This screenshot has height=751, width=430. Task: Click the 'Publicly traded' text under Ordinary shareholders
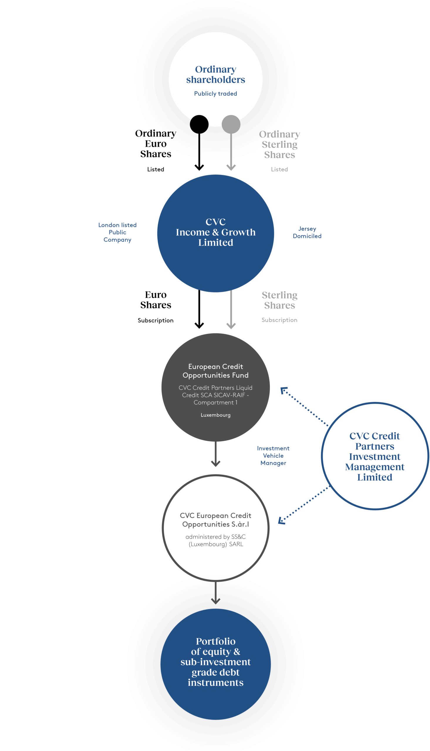(215, 94)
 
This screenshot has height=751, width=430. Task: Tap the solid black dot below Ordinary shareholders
(199, 124)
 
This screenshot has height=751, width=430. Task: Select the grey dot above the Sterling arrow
(231, 124)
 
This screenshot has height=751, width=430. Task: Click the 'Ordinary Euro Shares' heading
(156, 144)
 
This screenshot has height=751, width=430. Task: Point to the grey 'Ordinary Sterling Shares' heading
(279, 144)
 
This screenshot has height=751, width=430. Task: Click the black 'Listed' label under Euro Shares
(156, 169)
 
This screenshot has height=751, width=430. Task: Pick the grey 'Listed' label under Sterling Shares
(279, 169)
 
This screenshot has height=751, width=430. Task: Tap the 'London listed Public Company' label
(117, 232)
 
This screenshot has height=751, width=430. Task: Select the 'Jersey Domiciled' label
(307, 232)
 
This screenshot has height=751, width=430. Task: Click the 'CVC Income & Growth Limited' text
(216, 232)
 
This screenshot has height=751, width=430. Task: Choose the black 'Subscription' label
(156, 320)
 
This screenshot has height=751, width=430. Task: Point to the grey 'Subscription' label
(279, 320)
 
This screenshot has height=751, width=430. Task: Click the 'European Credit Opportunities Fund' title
(216, 371)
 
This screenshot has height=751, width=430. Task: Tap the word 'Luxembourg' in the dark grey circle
(216, 415)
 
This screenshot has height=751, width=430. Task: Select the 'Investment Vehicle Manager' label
(273, 456)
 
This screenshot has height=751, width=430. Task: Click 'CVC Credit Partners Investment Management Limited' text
(375, 456)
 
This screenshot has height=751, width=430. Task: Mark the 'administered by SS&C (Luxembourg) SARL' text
(216, 540)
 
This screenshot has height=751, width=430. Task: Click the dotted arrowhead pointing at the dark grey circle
(284, 391)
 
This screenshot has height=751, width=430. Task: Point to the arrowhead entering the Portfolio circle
(216, 601)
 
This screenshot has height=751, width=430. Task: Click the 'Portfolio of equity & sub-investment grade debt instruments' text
(216, 662)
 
